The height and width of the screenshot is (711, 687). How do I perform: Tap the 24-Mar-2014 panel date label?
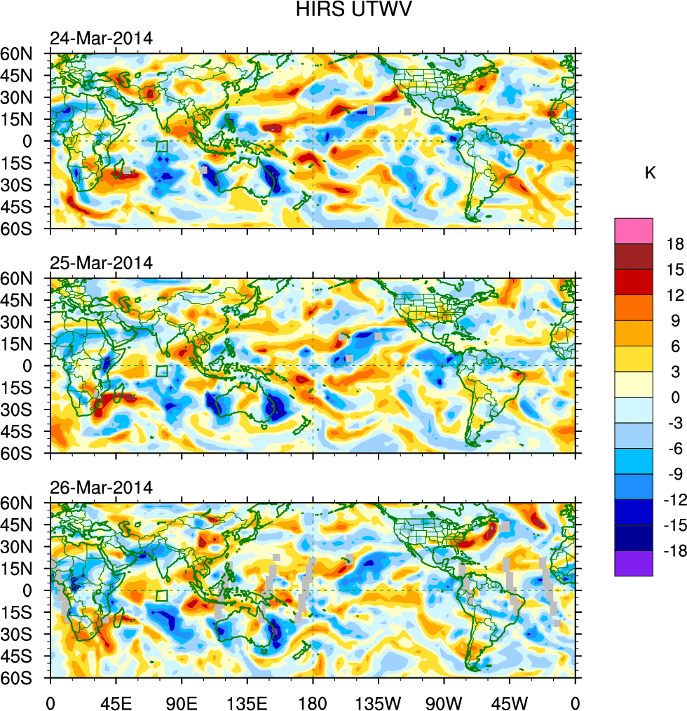pyautogui.click(x=101, y=38)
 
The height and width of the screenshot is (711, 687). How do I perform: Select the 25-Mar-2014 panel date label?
pyautogui.click(x=101, y=263)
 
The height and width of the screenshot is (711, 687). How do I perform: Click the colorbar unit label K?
pyautogui.click(x=650, y=173)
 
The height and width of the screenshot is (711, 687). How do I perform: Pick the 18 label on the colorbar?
pyautogui.click(x=675, y=245)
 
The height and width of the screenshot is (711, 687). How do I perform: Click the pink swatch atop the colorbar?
pyautogui.click(x=634, y=231)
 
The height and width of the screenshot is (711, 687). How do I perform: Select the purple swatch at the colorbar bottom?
pyautogui.click(x=634, y=563)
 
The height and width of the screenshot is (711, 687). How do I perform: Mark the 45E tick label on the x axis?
pyautogui.click(x=116, y=702)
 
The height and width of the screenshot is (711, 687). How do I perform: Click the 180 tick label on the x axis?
pyautogui.click(x=313, y=702)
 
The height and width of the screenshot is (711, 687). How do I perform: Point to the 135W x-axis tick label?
pyautogui.click(x=379, y=702)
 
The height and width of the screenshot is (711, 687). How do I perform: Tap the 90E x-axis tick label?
pyautogui.click(x=182, y=702)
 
